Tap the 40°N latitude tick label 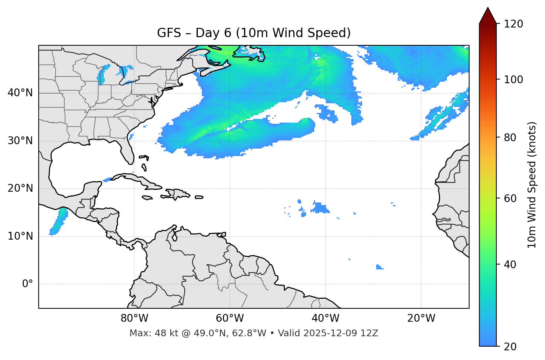[20, 93]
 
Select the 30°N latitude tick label [20, 141]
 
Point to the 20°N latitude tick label [20, 188]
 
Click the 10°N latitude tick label [20, 236]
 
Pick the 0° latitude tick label [27, 284]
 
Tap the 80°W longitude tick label [134, 318]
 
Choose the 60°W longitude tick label [230, 318]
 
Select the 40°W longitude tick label [325, 318]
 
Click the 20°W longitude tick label [421, 318]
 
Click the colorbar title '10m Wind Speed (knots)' [532, 185]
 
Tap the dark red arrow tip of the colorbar [488, 15]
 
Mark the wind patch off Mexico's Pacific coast [58, 221]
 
